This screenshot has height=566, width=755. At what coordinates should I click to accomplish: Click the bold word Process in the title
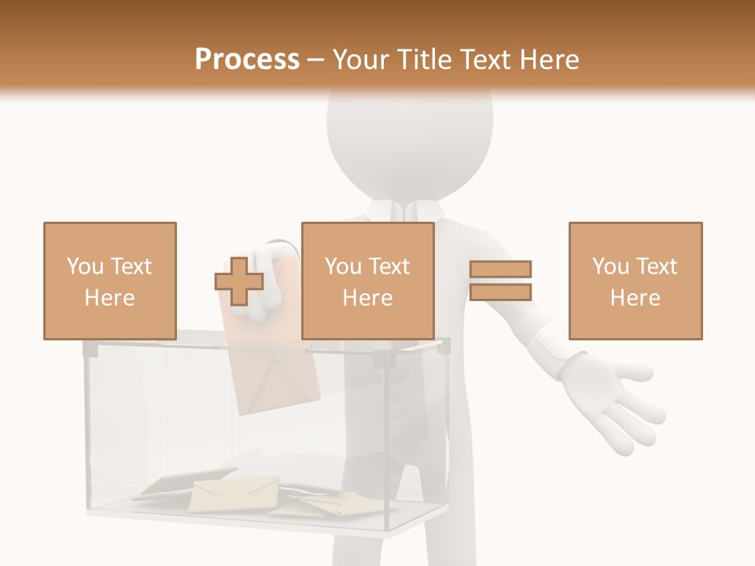[x=247, y=59]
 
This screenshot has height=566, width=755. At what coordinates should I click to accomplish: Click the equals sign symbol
[x=501, y=281]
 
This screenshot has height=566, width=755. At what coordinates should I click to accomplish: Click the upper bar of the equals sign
[x=501, y=270]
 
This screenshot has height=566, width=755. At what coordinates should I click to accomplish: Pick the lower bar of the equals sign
[x=501, y=292]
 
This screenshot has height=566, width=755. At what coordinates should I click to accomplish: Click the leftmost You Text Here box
[x=110, y=281]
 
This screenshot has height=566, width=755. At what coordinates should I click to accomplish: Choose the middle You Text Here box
[x=368, y=281]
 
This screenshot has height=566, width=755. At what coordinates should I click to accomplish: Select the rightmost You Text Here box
[x=635, y=281]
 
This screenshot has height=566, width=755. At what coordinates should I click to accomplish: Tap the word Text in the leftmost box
[x=131, y=266]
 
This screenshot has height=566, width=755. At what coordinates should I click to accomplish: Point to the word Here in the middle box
[x=368, y=298]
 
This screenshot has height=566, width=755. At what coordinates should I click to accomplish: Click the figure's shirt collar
[x=409, y=211]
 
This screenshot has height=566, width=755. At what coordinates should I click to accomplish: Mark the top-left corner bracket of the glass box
[x=90, y=348]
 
